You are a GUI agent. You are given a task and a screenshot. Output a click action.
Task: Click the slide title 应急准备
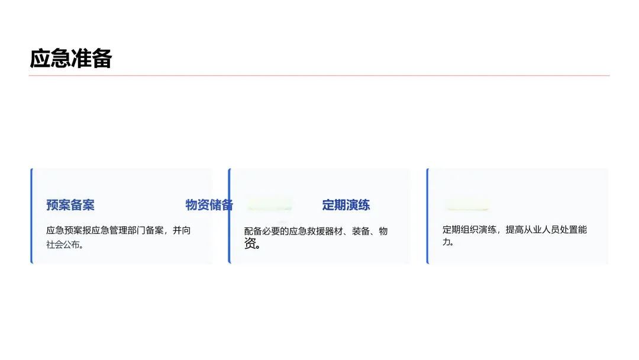pos(70,59)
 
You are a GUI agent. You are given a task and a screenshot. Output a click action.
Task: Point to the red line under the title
pos(319,76)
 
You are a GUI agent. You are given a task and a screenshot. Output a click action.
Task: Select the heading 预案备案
pos(70,205)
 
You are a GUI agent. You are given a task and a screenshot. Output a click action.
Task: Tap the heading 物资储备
pos(209,205)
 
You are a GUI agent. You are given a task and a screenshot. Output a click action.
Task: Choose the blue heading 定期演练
pos(346,205)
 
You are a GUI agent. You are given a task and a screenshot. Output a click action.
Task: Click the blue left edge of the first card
pos(31,216)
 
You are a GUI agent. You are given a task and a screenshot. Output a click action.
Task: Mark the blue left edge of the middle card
pos(229,216)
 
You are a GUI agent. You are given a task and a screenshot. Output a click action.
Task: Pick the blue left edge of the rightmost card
pos(427,216)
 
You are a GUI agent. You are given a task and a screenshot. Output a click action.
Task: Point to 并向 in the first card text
pos(182,230)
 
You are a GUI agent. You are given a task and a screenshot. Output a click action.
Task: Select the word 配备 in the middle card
pos(253,232)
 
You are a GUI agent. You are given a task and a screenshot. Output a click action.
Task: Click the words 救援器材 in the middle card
pos(324,232)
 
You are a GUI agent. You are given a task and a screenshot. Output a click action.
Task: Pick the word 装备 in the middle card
pos(361,232)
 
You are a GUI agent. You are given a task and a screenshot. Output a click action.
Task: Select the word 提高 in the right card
pos(514,230)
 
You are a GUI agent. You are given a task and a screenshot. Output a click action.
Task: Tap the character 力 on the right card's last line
pos(447,242)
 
